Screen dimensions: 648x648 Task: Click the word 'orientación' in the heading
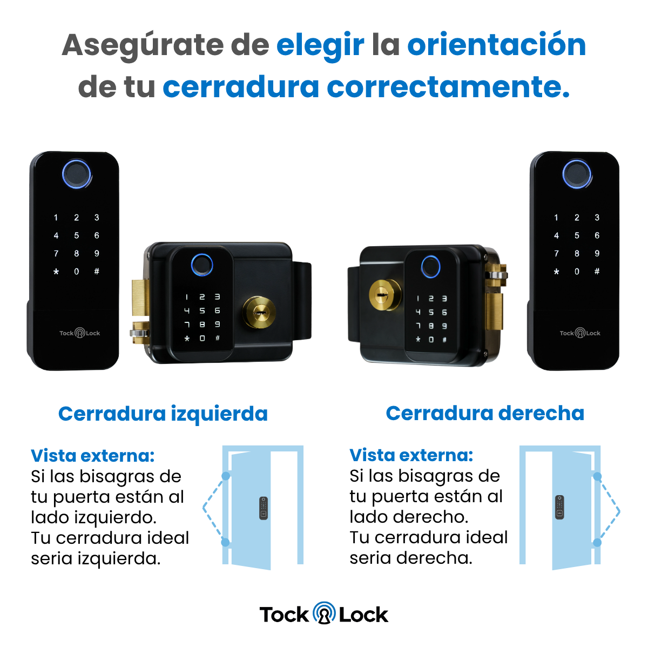496,45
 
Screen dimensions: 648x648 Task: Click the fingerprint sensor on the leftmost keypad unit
77,174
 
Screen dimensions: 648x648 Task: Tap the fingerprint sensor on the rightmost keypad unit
577,174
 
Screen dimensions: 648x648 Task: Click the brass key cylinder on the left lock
259,313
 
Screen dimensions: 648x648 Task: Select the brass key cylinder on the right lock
386,295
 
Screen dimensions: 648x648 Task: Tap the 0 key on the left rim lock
202,338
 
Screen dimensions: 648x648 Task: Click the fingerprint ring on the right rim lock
430,267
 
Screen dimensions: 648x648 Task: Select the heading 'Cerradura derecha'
485,413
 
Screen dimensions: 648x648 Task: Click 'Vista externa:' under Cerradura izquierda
93,456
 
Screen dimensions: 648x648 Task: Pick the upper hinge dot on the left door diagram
226,476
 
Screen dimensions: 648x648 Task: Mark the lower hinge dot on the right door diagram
597,542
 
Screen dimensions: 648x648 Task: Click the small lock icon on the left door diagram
264,509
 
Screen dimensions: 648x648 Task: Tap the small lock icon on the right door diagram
559,508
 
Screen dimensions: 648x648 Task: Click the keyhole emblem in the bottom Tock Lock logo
324,613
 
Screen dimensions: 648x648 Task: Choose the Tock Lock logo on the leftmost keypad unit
80,333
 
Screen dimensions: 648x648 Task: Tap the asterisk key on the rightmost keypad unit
557,272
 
